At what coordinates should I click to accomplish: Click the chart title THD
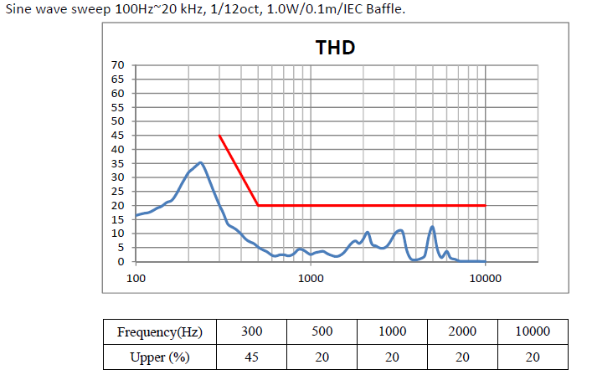(335, 47)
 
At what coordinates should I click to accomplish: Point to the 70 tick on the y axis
(118, 64)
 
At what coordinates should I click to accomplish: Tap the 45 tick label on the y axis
(118, 135)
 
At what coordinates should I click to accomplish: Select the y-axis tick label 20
(118, 205)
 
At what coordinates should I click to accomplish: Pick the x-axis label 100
(136, 278)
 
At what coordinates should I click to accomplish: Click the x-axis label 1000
(311, 278)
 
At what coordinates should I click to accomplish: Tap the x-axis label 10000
(485, 278)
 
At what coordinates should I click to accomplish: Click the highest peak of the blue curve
(200, 162)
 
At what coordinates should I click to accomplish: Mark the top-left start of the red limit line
(219, 135)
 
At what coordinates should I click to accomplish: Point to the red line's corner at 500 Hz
(258, 205)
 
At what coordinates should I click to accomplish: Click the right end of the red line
(485, 205)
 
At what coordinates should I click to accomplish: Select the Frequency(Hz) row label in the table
(159, 331)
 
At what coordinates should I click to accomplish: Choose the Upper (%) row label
(159, 357)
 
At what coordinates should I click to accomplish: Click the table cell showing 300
(251, 331)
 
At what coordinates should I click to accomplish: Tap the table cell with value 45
(251, 357)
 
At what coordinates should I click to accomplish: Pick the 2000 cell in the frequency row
(462, 331)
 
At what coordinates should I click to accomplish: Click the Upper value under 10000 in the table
(533, 357)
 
